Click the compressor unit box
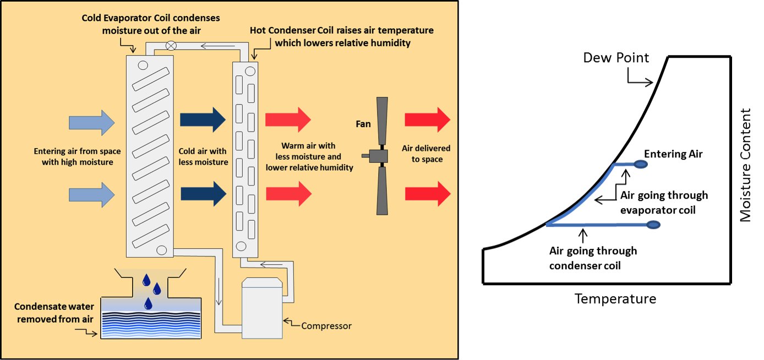[263, 308]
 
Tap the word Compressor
[326, 326]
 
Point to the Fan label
[363, 124]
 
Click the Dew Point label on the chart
[616, 57]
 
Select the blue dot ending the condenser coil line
[653, 224]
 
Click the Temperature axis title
[615, 299]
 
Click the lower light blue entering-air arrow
[92, 194]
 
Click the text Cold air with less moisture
[203, 156]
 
